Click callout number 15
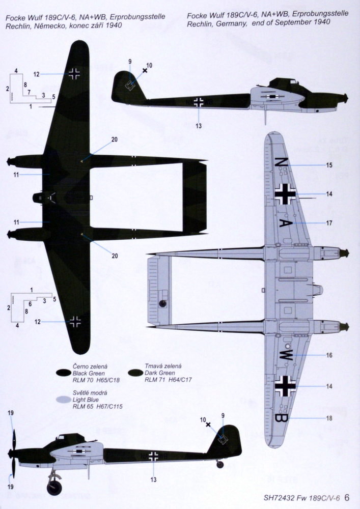[x=329, y=165]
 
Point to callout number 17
[x=329, y=223]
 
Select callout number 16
[x=329, y=355]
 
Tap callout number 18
[x=329, y=418]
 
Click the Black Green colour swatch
[x=63, y=373]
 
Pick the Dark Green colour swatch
[x=135, y=373]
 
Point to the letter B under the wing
[x=279, y=418]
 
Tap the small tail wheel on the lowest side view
[x=220, y=464]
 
